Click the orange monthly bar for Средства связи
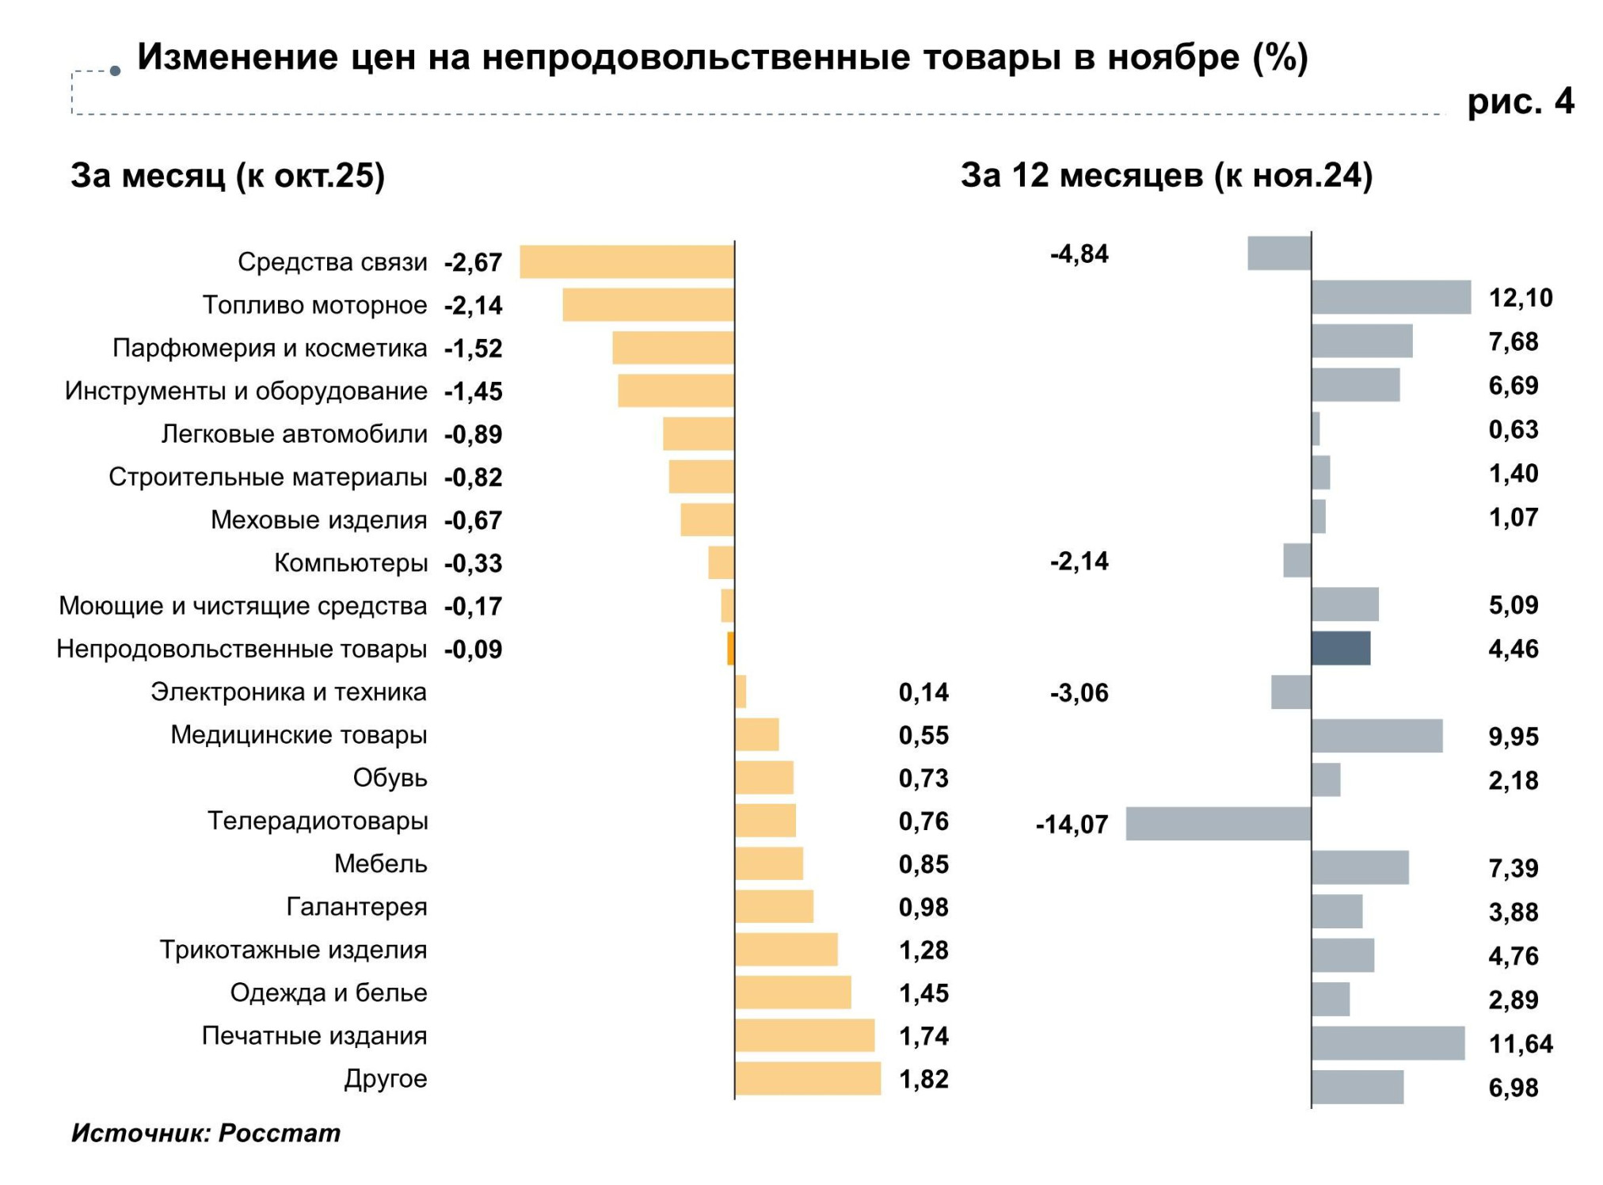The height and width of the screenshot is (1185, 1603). point(626,261)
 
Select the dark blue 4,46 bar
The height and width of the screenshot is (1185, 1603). point(1340,648)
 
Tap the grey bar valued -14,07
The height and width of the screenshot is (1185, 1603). point(1218,824)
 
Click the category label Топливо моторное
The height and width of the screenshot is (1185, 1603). point(314,305)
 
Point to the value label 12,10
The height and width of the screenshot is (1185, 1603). point(1520,298)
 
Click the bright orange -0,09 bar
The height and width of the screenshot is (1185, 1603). point(730,649)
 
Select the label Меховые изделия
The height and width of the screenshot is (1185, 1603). point(318,520)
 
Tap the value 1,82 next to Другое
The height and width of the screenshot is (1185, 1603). point(923,1079)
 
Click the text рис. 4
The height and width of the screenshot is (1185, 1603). point(1520,101)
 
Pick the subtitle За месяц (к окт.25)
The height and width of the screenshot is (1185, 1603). point(227,175)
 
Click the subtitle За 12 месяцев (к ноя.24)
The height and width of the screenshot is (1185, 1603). point(1166,175)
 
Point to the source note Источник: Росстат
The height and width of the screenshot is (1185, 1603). point(206,1133)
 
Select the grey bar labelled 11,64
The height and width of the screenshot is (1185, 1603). point(1388,1043)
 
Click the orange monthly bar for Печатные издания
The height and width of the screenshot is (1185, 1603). point(804,1035)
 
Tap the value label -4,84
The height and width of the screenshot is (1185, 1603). point(1079,253)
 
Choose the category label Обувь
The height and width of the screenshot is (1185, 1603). point(390,778)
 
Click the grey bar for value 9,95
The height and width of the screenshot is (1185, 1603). point(1376,736)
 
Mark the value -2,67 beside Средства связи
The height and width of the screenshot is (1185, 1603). point(473,262)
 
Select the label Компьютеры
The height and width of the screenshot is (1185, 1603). point(350,562)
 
